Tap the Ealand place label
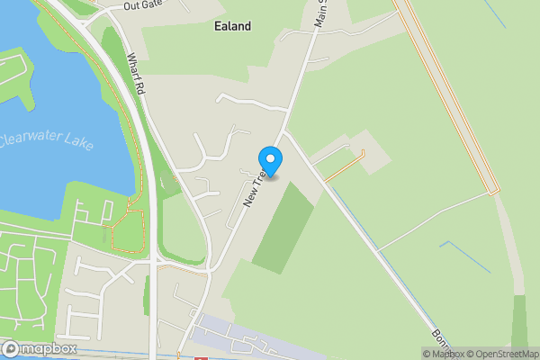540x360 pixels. [x=233, y=26]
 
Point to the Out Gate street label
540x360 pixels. [x=142, y=6]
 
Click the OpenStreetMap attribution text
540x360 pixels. [x=505, y=354]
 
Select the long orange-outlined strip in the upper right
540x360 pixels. [x=446, y=98]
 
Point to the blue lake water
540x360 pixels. [x=36, y=90]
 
